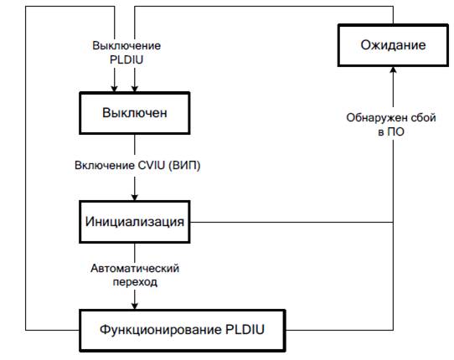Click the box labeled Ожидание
pos(393,45)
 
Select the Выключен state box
pos(135,113)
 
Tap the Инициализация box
pos(135,222)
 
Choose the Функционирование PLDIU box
pos(183,330)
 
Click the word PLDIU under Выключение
pos(126,60)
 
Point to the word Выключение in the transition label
pos(126,46)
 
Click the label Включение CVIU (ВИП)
pos(137,166)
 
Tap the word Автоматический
pos(135,268)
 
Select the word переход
pos(135,282)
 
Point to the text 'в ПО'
pos(391,132)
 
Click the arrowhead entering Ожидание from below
pos(393,69)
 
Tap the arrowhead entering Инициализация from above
pos(135,198)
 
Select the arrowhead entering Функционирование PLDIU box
pos(135,306)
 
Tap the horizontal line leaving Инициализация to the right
pos(291,222)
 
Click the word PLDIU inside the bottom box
pos(245,330)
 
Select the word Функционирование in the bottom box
pos(161,330)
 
